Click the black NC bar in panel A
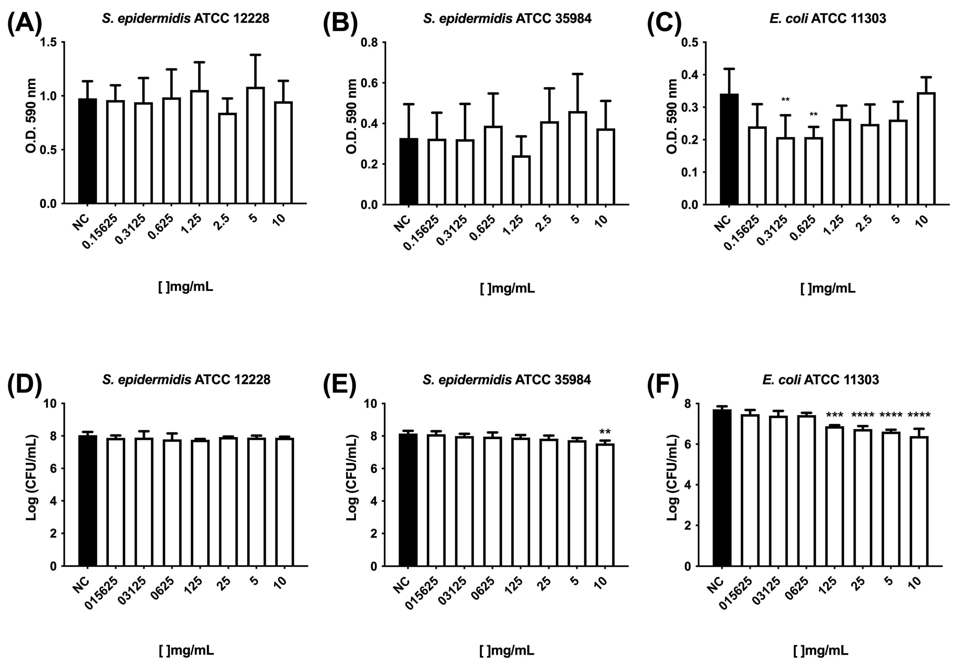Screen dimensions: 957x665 click(87, 151)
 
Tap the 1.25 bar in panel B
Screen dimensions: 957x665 click(521, 180)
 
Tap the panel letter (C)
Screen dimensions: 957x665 click(664, 23)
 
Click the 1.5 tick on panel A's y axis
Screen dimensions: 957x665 click(50, 42)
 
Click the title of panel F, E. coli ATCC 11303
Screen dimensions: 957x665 click(820, 380)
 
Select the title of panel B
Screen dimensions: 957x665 click(507, 18)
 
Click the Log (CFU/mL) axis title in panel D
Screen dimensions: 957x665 click(32, 478)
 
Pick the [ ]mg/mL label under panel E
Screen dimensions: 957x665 click(507, 650)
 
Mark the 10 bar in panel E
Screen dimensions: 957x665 click(605, 505)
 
